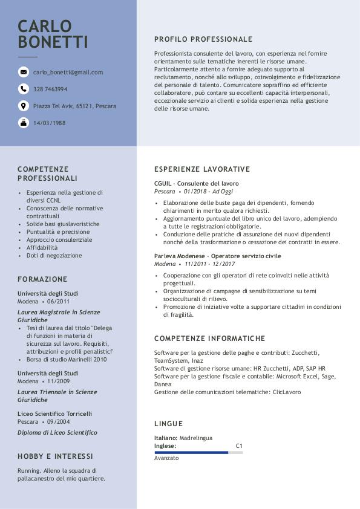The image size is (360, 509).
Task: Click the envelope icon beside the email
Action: (24, 73)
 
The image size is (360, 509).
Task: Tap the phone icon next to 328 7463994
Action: (24, 89)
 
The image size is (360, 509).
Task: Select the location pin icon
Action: (24, 106)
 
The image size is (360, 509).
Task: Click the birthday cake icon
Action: (24, 123)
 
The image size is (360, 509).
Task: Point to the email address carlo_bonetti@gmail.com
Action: (68, 73)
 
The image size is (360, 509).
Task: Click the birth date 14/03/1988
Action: (50, 123)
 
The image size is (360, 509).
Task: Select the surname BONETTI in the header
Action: (53, 42)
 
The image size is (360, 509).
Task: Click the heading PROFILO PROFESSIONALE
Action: (203, 39)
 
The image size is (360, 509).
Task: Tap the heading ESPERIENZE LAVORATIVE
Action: (202, 169)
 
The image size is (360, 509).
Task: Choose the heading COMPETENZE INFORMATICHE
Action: (209, 339)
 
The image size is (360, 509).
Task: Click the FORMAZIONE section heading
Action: (42, 279)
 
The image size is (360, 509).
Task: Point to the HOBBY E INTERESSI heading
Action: (55, 456)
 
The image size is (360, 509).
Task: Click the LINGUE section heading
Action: (168, 424)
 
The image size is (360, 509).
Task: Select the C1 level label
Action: (239, 446)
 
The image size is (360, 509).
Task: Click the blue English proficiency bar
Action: (191, 452)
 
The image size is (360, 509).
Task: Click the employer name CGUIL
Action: (163, 183)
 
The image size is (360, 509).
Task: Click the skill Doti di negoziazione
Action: (54, 256)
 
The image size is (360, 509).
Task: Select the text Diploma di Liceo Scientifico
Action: (57, 433)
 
